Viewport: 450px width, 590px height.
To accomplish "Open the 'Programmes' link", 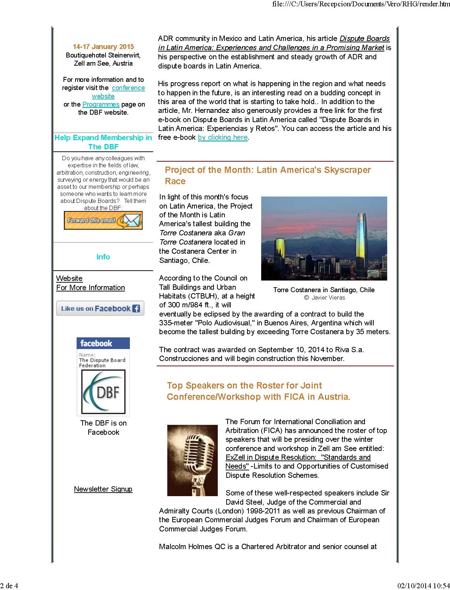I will [x=101, y=104].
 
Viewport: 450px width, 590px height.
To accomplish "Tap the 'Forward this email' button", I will [x=103, y=221].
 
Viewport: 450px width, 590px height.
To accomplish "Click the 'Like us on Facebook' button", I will [x=100, y=308].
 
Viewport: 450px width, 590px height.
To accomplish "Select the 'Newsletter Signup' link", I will [x=103, y=489].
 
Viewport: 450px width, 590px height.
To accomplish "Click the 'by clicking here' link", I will [x=223, y=137].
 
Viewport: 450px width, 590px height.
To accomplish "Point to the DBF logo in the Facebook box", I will [x=103, y=392].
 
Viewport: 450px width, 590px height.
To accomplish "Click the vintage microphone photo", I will [x=192, y=460].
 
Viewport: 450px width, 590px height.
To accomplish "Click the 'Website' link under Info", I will [x=69, y=278].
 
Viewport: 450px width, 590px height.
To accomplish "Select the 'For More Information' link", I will [x=90, y=288].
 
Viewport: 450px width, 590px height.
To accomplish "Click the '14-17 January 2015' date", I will [x=103, y=47].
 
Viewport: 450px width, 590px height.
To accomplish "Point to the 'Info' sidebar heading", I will [x=103, y=257].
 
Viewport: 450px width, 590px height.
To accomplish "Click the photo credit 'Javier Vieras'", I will [x=328, y=297].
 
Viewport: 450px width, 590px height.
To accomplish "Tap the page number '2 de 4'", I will [x=10, y=586].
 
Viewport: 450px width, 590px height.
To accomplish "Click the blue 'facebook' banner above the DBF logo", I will [x=103, y=343].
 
